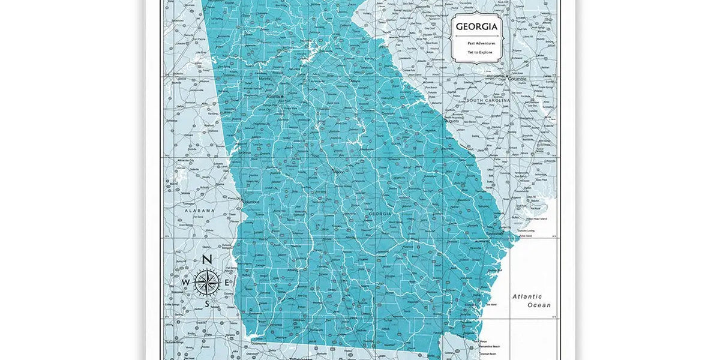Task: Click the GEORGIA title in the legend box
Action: (x=476, y=27)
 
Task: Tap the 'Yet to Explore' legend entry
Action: (x=480, y=52)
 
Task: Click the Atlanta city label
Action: (x=274, y=96)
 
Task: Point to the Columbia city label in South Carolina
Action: (x=517, y=79)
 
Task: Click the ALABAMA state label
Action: (x=199, y=211)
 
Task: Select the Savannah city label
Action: (x=495, y=233)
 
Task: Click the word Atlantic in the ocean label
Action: (x=527, y=296)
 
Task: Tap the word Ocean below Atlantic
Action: (x=539, y=305)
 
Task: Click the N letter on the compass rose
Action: (x=206, y=260)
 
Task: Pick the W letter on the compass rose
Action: (x=185, y=283)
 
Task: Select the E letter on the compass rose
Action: (x=226, y=283)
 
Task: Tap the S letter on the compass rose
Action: (x=207, y=304)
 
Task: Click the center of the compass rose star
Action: (x=206, y=282)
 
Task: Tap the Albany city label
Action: (x=292, y=270)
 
